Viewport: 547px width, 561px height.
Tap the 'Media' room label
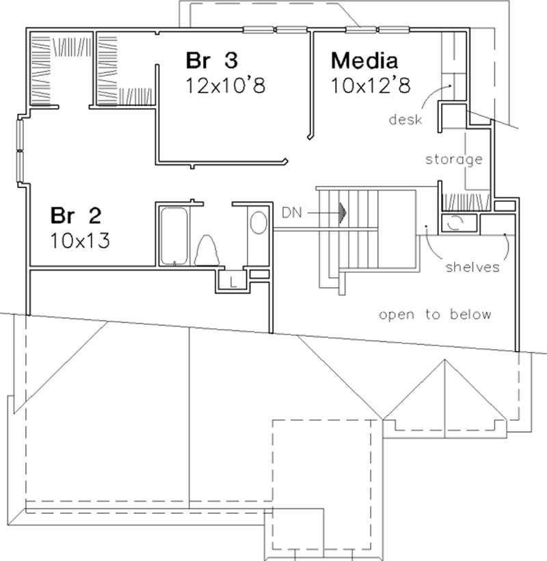[x=364, y=60]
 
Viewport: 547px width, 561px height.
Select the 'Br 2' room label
[x=75, y=216]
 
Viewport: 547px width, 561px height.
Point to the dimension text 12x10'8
[x=225, y=86]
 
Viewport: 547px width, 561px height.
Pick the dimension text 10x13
[x=81, y=241]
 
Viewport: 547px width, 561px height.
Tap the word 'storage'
[x=454, y=159]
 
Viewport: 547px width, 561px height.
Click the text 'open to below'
[x=435, y=315]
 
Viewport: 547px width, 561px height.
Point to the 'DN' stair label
[x=292, y=213]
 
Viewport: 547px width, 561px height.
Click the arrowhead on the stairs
[x=342, y=213]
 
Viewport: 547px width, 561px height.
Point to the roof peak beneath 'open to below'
[x=445, y=363]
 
